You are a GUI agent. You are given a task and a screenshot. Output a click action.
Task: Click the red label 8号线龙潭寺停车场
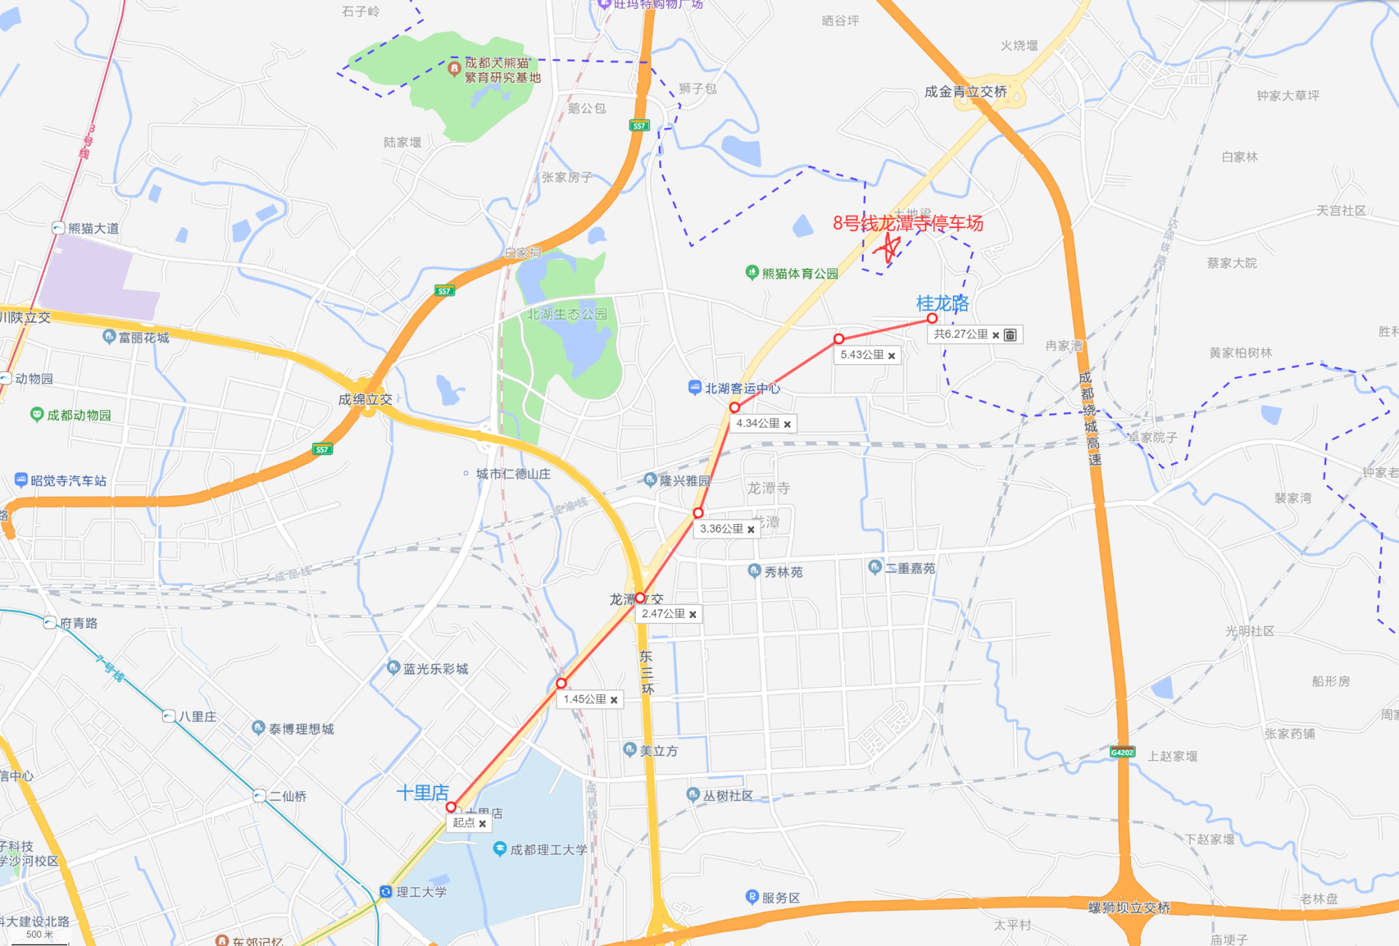(x=908, y=223)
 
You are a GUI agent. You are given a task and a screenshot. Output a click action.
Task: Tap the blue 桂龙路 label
(x=942, y=303)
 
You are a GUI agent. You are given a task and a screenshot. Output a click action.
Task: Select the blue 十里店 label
(x=422, y=793)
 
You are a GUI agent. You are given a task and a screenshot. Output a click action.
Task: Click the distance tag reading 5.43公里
(x=862, y=355)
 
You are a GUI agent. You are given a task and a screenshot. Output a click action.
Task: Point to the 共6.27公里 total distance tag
(x=960, y=334)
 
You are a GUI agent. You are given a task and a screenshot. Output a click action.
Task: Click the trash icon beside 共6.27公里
(x=1010, y=334)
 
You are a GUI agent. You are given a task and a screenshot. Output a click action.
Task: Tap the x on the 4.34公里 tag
(x=788, y=424)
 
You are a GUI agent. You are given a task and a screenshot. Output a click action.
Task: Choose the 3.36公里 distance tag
(x=721, y=529)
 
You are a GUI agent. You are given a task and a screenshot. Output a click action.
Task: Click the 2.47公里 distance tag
(x=663, y=614)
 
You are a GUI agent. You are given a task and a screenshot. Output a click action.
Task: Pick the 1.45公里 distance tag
(x=585, y=699)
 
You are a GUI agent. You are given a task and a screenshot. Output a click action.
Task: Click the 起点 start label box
(x=464, y=823)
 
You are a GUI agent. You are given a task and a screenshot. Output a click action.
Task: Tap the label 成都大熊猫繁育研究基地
(x=502, y=70)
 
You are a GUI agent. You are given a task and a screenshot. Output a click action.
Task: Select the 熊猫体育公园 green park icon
(x=752, y=272)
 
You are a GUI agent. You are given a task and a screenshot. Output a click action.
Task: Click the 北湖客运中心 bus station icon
(x=695, y=387)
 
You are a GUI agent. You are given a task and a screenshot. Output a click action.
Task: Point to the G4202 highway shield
(x=1122, y=752)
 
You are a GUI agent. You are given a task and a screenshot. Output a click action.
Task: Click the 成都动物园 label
(x=78, y=415)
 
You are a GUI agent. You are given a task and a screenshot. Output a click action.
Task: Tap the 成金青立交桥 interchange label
(x=965, y=92)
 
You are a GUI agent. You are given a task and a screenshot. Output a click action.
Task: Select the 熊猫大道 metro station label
(x=93, y=228)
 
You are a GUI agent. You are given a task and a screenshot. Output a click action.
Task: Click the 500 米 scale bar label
(x=39, y=934)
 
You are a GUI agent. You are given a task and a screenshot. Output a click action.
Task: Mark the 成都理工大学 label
(x=548, y=849)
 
